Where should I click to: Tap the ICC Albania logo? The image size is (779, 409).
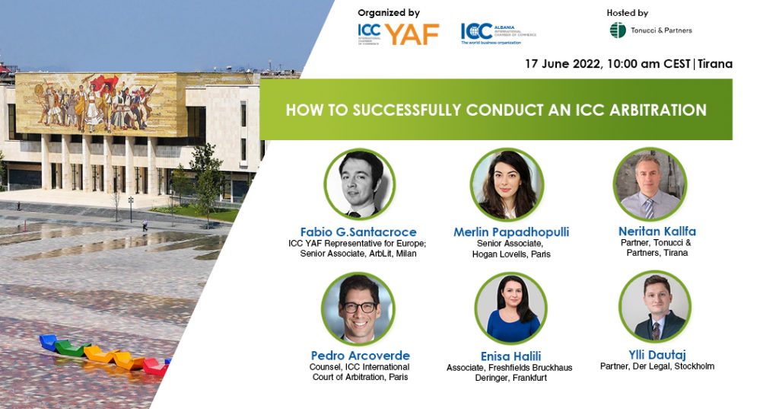(498, 32)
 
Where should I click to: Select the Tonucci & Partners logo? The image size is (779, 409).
(650, 30)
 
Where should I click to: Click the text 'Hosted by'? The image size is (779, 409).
(628, 13)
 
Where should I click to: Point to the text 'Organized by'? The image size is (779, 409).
(389, 13)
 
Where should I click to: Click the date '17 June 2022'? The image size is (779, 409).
(561, 64)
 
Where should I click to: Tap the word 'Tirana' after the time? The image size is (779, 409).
(715, 64)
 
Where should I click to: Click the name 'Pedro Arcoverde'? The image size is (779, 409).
(360, 356)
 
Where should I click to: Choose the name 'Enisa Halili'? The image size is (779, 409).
(509, 356)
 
